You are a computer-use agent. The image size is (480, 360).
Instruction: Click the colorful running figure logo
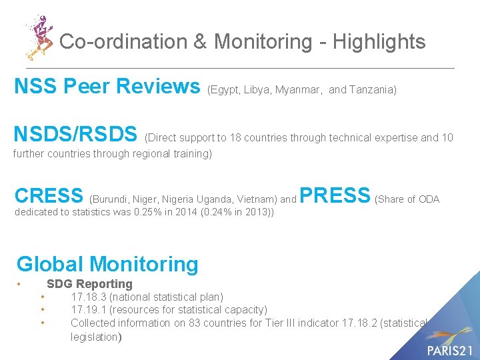tap(39, 37)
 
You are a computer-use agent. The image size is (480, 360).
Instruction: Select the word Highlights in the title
tap(379, 41)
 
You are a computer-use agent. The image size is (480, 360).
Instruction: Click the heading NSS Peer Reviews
tap(107, 86)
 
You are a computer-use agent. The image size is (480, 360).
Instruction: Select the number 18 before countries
tap(235, 138)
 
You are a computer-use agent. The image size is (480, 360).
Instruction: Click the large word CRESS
tap(49, 195)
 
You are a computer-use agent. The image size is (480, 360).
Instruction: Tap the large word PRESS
tap(335, 195)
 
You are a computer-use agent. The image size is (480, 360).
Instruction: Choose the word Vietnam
tap(255, 199)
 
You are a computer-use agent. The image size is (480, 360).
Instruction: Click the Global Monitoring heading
tap(107, 264)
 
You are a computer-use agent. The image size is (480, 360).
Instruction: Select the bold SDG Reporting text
tap(89, 284)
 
